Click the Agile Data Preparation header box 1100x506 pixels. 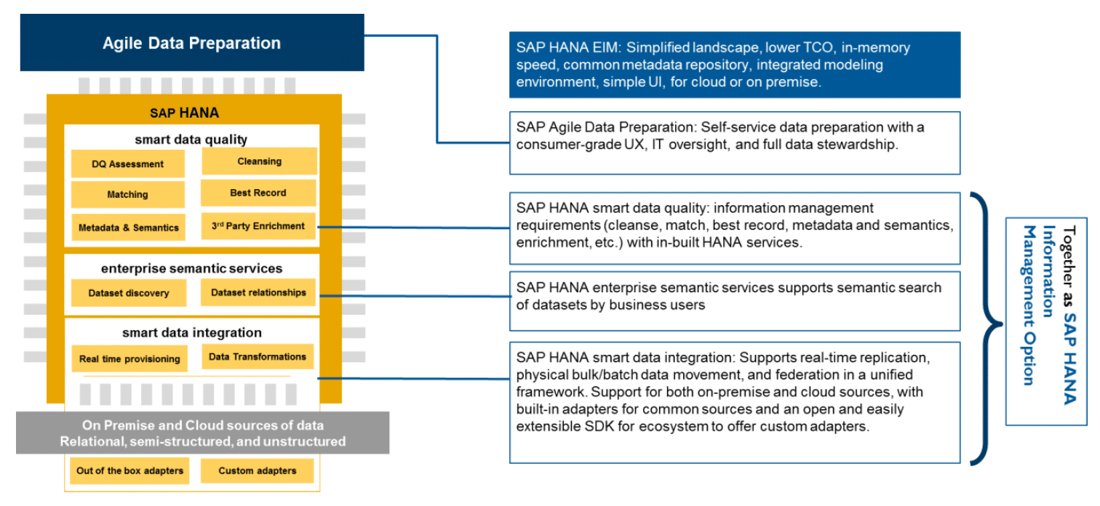click(192, 43)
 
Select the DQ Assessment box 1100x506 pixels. click(128, 164)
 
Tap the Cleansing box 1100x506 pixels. click(259, 161)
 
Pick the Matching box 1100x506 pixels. click(128, 194)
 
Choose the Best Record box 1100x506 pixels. click(258, 193)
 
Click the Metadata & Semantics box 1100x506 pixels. click(129, 228)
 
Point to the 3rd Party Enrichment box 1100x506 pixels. click(258, 226)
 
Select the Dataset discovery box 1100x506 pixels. click(129, 293)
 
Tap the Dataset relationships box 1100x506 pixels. click(258, 292)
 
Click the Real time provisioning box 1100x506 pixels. click(129, 358)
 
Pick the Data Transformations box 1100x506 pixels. click(258, 356)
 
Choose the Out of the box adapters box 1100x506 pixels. click(129, 470)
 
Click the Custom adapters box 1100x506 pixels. click(258, 470)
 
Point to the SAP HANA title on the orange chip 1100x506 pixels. click(185, 113)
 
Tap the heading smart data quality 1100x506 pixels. click(191, 140)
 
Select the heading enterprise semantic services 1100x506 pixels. click(191, 268)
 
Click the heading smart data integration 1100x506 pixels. click(192, 333)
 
